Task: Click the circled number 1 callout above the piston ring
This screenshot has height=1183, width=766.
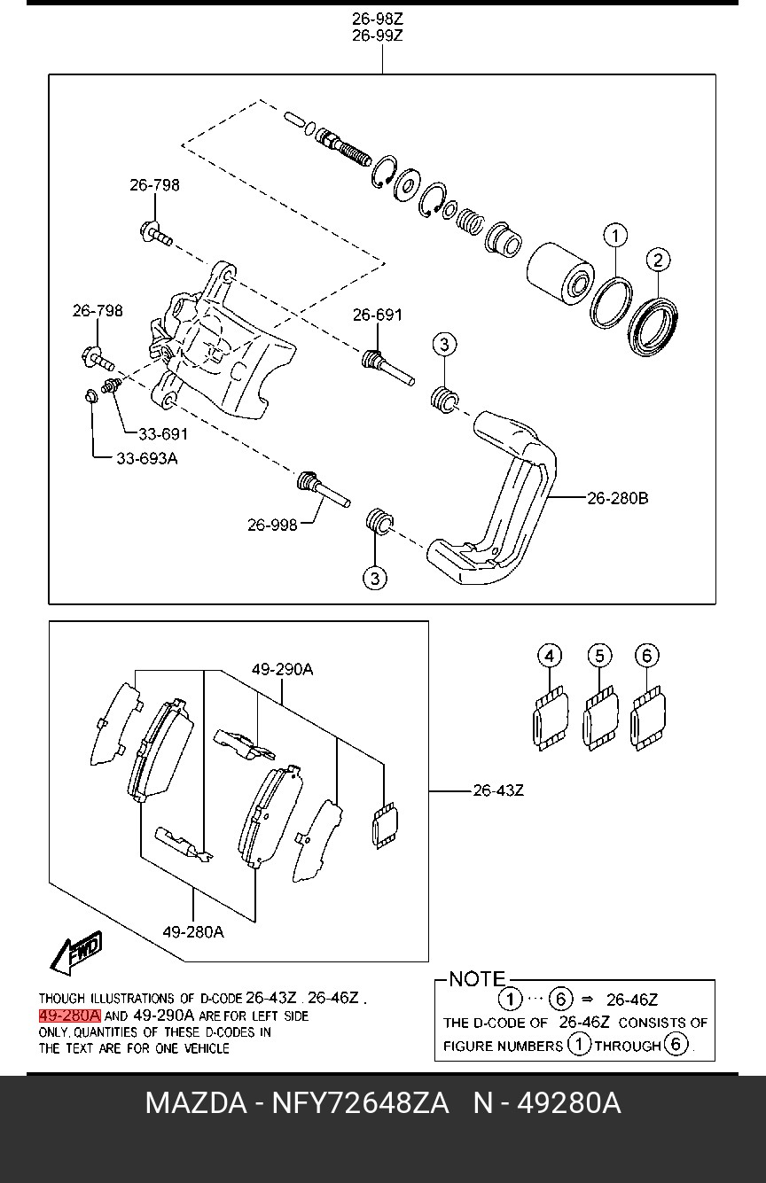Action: [615, 236]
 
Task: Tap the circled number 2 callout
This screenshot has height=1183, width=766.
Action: [658, 260]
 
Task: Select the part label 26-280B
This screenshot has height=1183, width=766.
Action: [618, 498]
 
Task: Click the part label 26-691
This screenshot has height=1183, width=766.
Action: [377, 315]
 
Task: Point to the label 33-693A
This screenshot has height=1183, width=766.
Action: [147, 458]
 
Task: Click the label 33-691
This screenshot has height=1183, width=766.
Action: [163, 434]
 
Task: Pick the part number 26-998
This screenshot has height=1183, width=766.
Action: [272, 525]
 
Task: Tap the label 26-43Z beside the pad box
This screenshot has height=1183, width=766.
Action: [498, 790]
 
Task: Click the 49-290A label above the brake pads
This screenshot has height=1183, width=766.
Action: [282, 670]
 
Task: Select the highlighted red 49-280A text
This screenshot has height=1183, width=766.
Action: [69, 1016]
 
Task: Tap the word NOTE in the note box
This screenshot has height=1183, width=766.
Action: [477, 979]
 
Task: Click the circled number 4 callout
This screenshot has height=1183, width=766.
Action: [550, 657]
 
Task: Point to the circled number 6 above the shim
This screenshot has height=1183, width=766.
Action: [647, 656]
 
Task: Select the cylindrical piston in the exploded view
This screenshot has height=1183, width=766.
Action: [560, 274]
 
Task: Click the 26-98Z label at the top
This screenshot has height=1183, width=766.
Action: [377, 19]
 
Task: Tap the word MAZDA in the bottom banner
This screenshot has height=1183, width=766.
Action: [196, 1103]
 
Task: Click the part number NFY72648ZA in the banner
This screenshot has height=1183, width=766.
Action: [360, 1103]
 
